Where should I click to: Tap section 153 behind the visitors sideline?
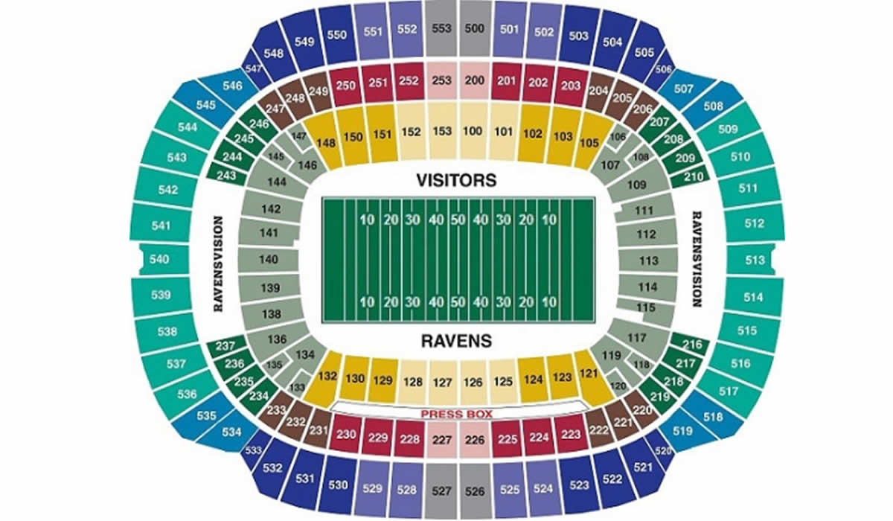pyautogui.click(x=443, y=132)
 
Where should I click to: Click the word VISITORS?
pyautogui.click(x=456, y=179)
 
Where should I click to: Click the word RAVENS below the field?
pyautogui.click(x=456, y=341)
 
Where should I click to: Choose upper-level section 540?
pyautogui.click(x=159, y=260)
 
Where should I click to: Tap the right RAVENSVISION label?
pyautogui.click(x=697, y=259)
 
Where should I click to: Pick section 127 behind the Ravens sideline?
pyautogui.click(x=443, y=383)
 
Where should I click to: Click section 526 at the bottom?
pyautogui.click(x=474, y=490)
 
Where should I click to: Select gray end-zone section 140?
pyautogui.click(x=269, y=260)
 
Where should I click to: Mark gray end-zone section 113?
pyautogui.click(x=648, y=260)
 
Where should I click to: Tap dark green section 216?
pyautogui.click(x=692, y=345)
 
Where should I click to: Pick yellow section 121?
pyautogui.click(x=589, y=373)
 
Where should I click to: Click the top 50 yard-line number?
pyautogui.click(x=458, y=220)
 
